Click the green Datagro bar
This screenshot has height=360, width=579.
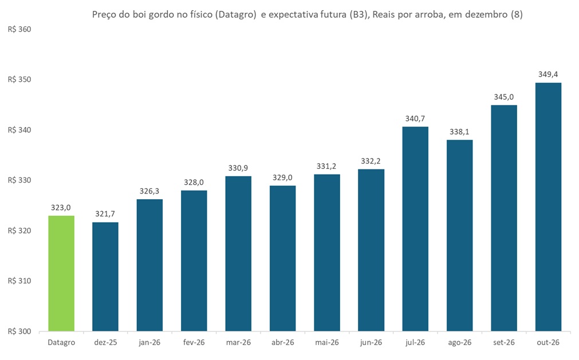click(61, 274)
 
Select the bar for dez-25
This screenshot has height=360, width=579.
click(105, 277)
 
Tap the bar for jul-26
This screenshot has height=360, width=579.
click(415, 229)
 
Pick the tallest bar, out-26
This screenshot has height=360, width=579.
click(548, 207)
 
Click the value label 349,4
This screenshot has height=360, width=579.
click(548, 74)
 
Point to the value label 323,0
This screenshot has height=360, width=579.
click(61, 207)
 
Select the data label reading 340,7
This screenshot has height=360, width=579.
click(415, 118)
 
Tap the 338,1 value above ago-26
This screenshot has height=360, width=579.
click(459, 132)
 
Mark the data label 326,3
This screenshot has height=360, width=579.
click(149, 191)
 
